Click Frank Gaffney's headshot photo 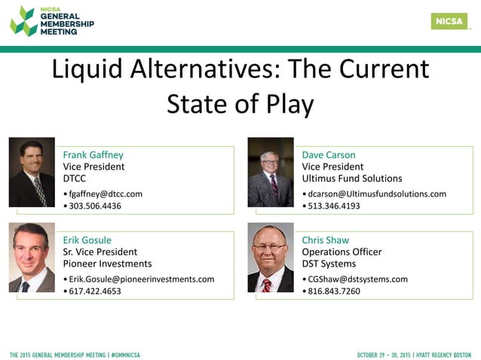pos(32,172)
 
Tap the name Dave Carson pos(328,155)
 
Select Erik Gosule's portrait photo pos(32,258)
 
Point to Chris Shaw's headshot pos(271,258)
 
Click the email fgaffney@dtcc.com pos(105,194)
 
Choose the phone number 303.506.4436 pos(94,206)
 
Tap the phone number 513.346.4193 pos(333,206)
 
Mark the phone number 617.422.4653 pos(94,291)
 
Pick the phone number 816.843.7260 pos(333,291)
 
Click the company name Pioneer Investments pos(107,264)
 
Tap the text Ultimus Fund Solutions pos(351,178)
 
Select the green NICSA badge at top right pos(449,21)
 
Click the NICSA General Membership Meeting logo pos(52,21)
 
